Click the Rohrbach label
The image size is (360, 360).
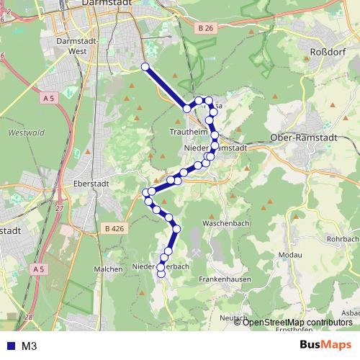coord(343,238)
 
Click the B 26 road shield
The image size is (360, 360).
coord(205,28)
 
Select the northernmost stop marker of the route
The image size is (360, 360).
coord(145,67)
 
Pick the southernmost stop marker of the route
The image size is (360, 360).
coord(161,273)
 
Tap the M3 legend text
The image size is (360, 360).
coord(30,346)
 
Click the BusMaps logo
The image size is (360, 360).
coord(325,345)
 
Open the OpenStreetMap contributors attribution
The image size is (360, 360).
coord(297,322)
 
